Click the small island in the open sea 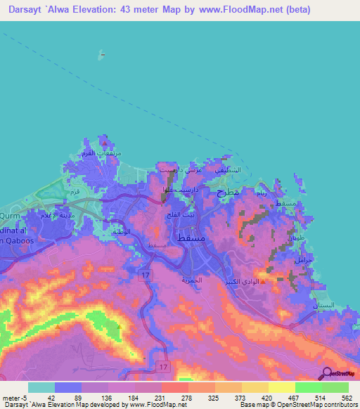[x=103, y=53]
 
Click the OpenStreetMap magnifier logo [x=326, y=374]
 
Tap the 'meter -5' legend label [x=13, y=397]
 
